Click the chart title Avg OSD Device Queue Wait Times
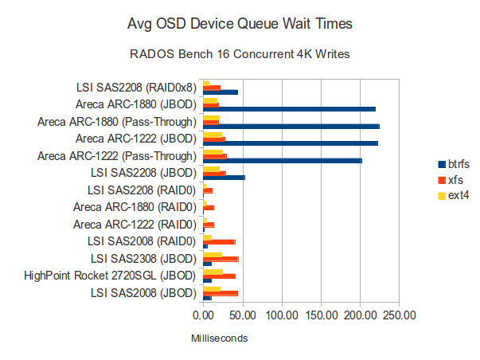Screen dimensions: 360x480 240,25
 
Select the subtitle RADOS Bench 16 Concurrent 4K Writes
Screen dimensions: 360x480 240,55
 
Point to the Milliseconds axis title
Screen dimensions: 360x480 219,338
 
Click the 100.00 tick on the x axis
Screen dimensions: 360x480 281,315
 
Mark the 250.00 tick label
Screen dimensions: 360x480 399,315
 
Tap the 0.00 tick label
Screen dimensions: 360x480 204,315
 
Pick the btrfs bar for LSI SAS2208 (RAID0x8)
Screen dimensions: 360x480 220,92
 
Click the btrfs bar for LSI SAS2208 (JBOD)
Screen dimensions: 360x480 224,178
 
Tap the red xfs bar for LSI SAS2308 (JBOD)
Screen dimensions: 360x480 220,259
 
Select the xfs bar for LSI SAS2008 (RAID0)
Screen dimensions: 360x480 219,241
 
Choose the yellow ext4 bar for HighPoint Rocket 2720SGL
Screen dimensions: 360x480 213,272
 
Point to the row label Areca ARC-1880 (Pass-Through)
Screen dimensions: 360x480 116,122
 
